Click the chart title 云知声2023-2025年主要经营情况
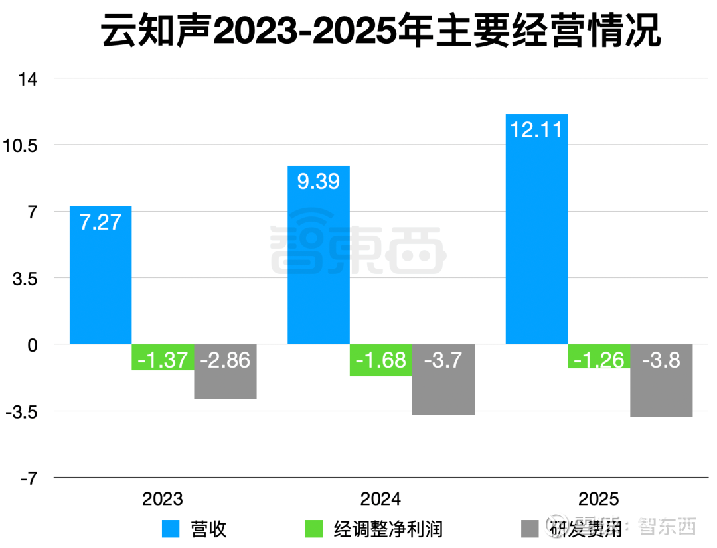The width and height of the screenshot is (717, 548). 381,31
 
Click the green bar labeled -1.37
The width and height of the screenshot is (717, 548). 163,358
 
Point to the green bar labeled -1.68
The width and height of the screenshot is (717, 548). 381,360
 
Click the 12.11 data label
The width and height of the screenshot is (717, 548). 536,129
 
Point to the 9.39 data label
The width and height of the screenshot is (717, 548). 319,181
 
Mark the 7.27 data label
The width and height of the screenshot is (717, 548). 101,222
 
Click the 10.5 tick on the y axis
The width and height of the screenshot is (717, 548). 21,145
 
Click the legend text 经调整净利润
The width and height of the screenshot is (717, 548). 388,529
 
